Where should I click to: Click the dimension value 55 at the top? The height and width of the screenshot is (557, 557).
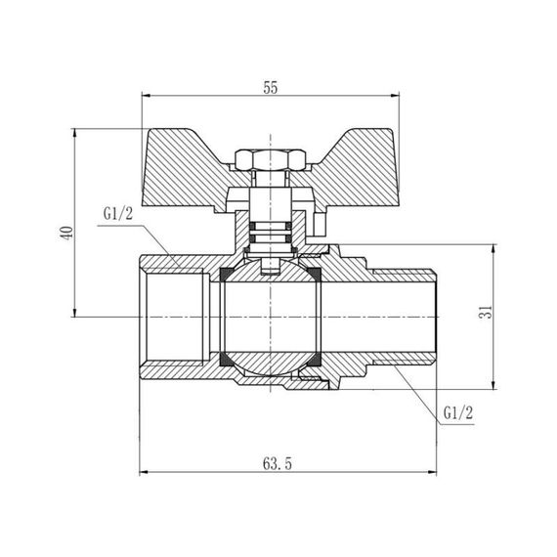tap(272, 87)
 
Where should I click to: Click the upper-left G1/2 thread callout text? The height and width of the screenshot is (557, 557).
tap(116, 214)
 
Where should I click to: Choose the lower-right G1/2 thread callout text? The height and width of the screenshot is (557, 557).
tap(457, 412)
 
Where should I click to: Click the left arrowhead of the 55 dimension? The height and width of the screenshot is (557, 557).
tap(148, 96)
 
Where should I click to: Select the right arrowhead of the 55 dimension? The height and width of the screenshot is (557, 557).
tap(397, 96)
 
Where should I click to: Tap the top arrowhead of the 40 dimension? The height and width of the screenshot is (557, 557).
tap(75, 134)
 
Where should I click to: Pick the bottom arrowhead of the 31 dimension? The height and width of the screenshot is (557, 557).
tap(493, 384)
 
